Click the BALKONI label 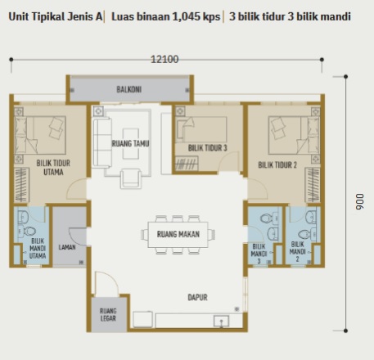128,89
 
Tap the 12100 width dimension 164,59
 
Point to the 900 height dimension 359,202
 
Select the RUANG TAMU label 130,143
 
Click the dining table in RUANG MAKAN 178,235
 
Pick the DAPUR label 197,297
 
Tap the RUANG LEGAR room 109,314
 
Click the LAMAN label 67,247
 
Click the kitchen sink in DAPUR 221,322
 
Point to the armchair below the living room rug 131,178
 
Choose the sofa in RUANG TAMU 102,142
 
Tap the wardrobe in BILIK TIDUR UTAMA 21,185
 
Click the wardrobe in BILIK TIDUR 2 313,185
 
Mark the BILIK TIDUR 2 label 277,164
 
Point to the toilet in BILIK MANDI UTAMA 28,232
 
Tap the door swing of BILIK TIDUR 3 230,161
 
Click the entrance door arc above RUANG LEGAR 106,282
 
